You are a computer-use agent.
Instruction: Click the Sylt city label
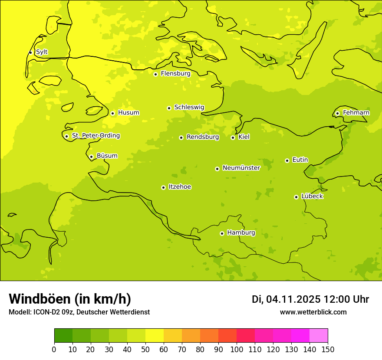(42, 52)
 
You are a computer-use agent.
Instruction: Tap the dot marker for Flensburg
(155, 74)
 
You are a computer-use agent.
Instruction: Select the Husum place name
(128, 113)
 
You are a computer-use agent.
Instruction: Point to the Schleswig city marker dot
(169, 108)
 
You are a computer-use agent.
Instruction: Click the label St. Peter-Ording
(95, 136)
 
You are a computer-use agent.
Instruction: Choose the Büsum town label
(107, 156)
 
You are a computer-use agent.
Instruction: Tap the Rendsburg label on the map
(203, 137)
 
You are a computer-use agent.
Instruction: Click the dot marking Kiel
(233, 137)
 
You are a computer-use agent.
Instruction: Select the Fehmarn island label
(356, 113)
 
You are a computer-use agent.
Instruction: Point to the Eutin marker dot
(287, 160)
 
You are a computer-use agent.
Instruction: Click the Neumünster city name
(241, 168)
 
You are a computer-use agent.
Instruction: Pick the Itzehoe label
(180, 187)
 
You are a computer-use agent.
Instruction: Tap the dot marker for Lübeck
(296, 197)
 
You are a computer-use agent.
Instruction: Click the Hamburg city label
(241, 233)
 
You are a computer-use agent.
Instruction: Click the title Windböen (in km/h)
(70, 299)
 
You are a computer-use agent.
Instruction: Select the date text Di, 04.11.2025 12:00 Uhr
(310, 299)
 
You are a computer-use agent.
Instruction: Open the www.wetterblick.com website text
(313, 312)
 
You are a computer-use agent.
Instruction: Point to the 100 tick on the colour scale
(237, 349)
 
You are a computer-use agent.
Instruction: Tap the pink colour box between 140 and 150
(319, 336)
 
